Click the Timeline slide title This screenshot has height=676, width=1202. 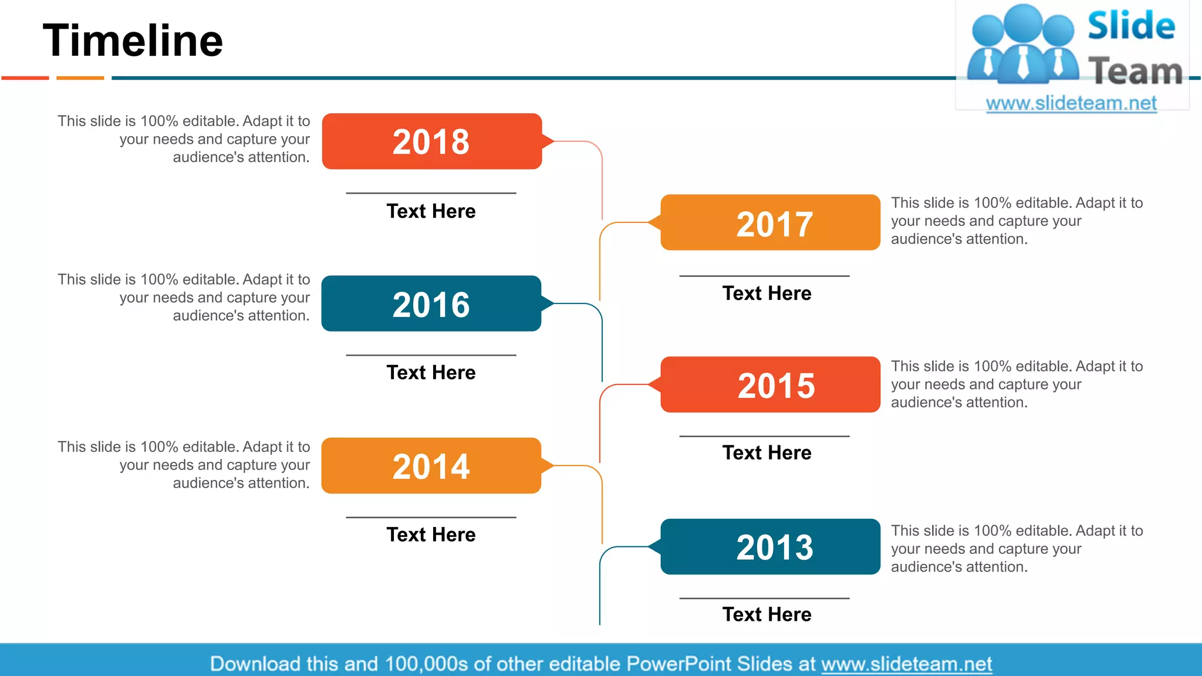pyautogui.click(x=133, y=40)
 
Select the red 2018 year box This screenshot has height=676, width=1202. pyautogui.click(x=431, y=141)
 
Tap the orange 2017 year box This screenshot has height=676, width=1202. pyautogui.click(x=770, y=223)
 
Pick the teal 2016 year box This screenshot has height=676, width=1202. pyautogui.click(x=431, y=304)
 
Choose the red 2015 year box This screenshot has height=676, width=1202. pyautogui.click(x=770, y=385)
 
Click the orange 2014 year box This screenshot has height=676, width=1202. pyautogui.click(x=431, y=466)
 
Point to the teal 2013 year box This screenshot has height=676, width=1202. pyautogui.click(x=770, y=547)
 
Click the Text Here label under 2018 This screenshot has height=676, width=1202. pyautogui.click(x=431, y=211)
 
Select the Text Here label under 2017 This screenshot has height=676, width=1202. pyautogui.click(x=767, y=293)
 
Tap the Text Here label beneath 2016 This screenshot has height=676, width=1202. pyautogui.click(x=431, y=373)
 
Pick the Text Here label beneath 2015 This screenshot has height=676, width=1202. pyautogui.click(x=767, y=453)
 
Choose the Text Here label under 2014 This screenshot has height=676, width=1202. pyautogui.click(x=431, y=535)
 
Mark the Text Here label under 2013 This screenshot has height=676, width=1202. pyautogui.click(x=767, y=614)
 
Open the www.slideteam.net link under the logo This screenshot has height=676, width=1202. pyautogui.click(x=1071, y=103)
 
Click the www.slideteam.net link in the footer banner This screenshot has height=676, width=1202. pyautogui.click(x=906, y=664)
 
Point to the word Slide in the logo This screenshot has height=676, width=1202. pyautogui.click(x=1131, y=26)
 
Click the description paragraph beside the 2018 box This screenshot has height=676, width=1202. pyautogui.click(x=183, y=139)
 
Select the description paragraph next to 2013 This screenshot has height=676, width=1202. pyautogui.click(x=1017, y=549)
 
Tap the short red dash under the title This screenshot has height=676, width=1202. pyautogui.click(x=25, y=77)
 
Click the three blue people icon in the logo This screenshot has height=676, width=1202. pyautogui.click(x=1022, y=44)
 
